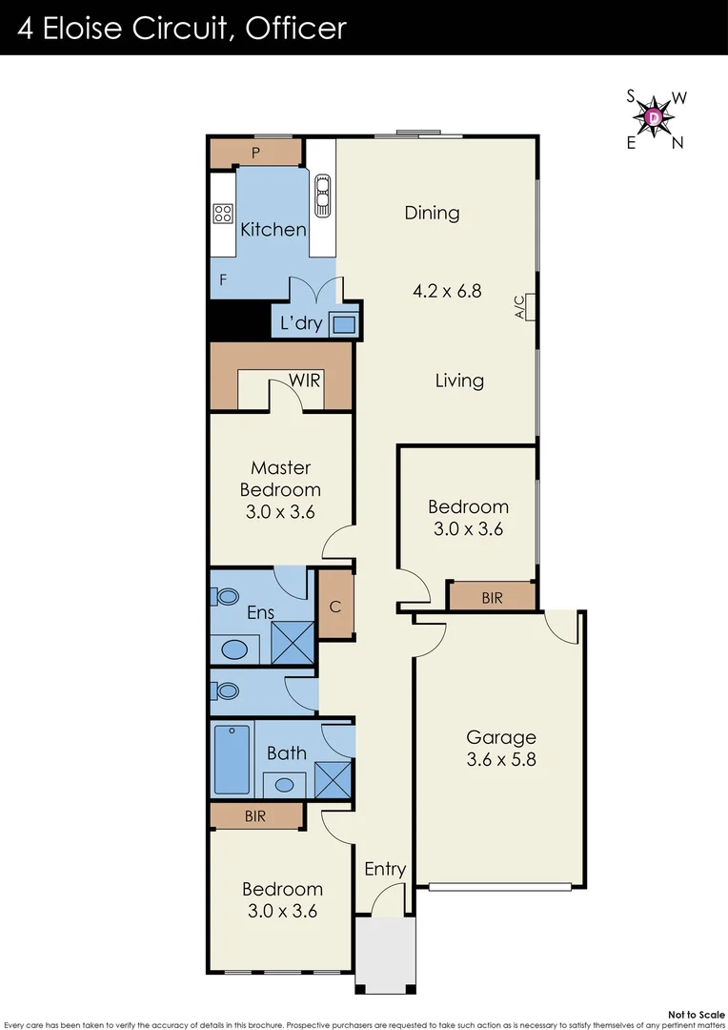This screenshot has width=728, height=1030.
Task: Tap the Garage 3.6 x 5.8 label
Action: (x=500, y=749)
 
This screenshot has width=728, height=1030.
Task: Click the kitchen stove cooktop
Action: (x=223, y=214)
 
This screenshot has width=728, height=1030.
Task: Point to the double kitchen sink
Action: (x=322, y=196)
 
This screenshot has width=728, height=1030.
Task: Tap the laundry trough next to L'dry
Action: (x=344, y=324)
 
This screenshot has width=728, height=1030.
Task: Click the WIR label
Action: (x=305, y=381)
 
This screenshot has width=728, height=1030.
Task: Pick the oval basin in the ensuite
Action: (x=233, y=650)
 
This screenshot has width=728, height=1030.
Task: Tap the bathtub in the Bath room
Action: (x=232, y=759)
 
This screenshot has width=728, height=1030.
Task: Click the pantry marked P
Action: (x=255, y=153)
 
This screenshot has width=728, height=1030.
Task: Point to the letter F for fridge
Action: (x=223, y=280)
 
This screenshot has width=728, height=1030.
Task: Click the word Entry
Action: (x=385, y=869)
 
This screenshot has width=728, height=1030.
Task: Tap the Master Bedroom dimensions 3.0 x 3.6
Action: (x=280, y=511)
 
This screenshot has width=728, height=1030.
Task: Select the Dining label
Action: (x=432, y=213)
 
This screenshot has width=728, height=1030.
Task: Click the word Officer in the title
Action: (x=295, y=28)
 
